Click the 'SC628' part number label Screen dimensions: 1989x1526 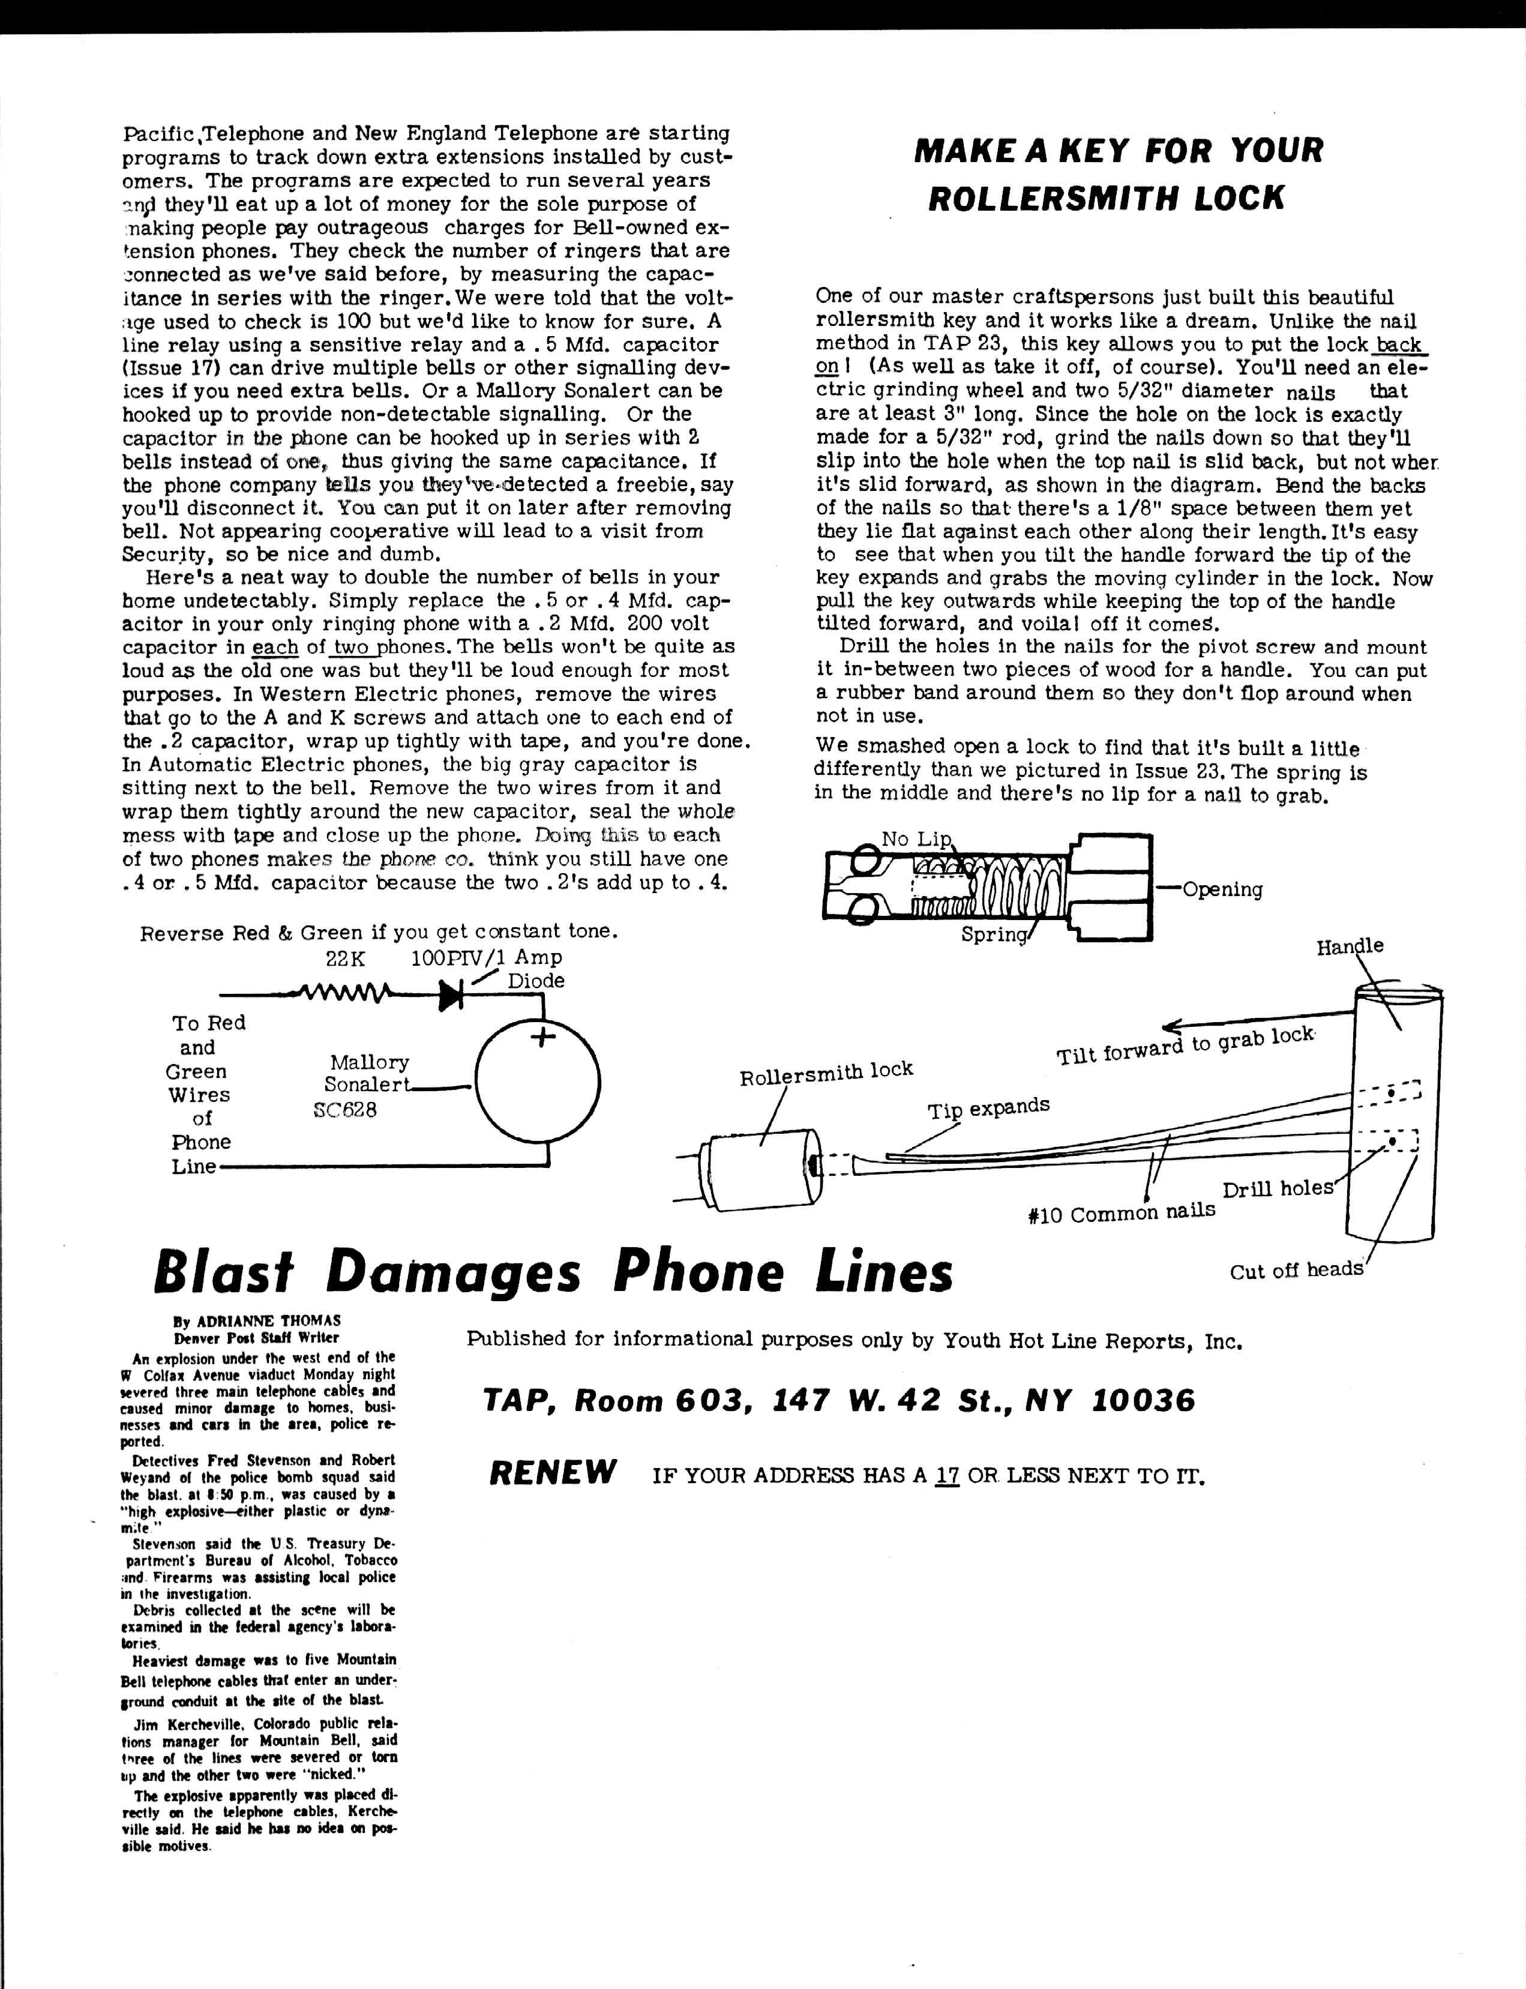[x=344, y=1109]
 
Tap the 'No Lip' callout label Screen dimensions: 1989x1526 [x=916, y=838]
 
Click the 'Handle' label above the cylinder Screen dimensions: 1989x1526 [x=1350, y=946]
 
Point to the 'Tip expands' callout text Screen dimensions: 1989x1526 [x=988, y=1108]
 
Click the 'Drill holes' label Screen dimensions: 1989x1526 [x=1277, y=1189]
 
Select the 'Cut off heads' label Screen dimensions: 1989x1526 [x=1296, y=1270]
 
